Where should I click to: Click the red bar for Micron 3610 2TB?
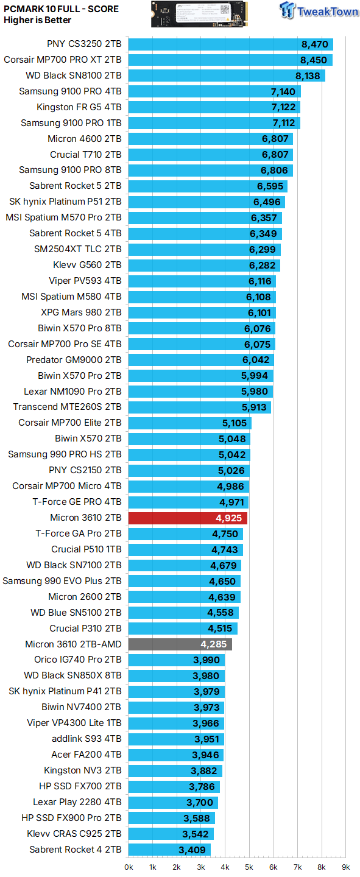point(188,518)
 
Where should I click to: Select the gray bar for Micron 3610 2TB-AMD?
point(180,644)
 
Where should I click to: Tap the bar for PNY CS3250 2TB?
point(230,44)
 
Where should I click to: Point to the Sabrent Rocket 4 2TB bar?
point(169,850)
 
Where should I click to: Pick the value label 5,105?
point(233,423)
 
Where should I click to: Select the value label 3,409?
point(192,850)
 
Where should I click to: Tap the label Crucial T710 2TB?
point(85,155)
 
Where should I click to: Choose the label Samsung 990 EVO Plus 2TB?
point(62,581)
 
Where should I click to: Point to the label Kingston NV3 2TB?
point(82,770)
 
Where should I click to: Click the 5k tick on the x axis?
point(249,867)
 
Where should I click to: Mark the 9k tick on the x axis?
point(345,867)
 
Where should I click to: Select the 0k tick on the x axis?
point(129,867)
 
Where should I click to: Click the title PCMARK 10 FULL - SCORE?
point(62,9)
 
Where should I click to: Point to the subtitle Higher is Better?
point(38,20)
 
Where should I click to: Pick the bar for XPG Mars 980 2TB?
point(202,312)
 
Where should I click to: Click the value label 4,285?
point(213,644)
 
